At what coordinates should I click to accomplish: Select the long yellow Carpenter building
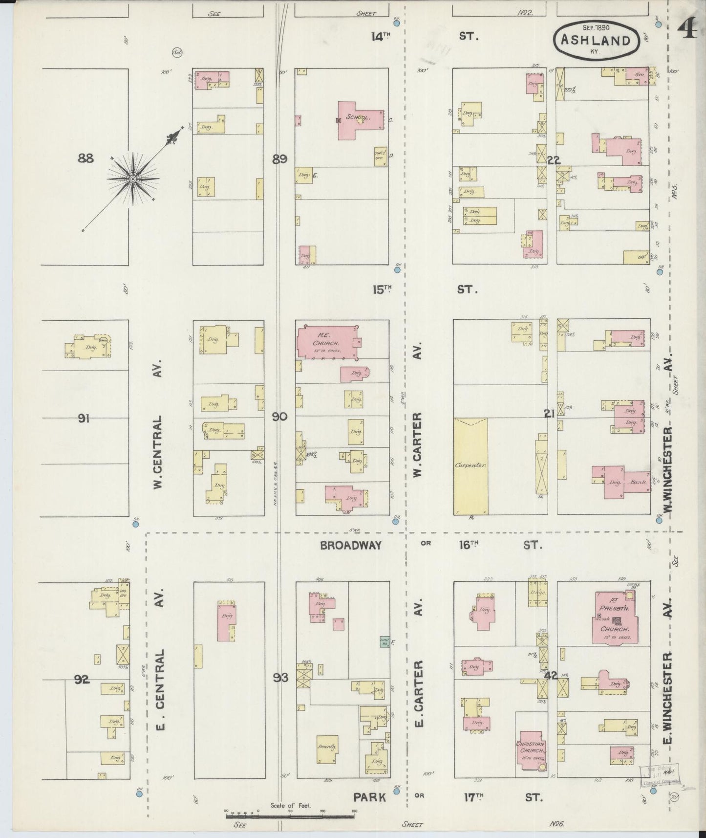pos(471,466)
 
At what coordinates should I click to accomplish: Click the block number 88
pos(86,158)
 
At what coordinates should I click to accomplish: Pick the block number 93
pos(281,678)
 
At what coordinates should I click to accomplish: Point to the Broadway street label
pos(351,545)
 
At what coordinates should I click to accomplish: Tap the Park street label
pos(370,797)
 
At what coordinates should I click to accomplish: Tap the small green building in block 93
pos(384,641)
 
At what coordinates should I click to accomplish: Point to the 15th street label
pos(382,289)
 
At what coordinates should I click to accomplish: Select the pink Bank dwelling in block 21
pos(620,483)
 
